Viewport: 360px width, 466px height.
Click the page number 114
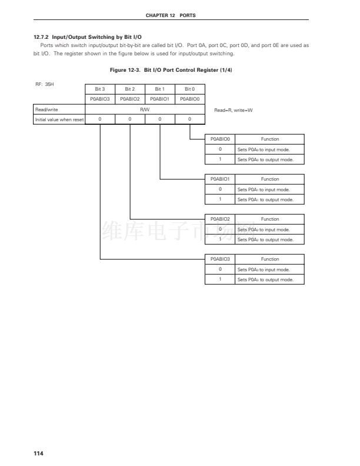39,453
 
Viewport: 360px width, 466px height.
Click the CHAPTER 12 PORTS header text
171,15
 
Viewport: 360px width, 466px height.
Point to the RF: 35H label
45,85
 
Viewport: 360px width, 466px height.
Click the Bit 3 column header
100,89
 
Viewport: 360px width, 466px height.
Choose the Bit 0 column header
189,89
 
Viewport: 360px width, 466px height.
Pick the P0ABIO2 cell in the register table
130,99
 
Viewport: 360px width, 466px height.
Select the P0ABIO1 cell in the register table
160,99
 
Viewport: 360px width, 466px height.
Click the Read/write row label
46,109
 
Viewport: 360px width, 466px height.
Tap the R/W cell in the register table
145,109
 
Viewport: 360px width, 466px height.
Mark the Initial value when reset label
59,119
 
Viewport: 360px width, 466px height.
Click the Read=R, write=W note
234,110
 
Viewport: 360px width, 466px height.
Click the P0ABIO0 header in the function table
220,139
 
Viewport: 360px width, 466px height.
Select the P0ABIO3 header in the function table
220,259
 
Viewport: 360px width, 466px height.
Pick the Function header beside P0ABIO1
270,179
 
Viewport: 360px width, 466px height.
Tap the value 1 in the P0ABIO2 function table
220,239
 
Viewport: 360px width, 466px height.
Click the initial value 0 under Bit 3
100,119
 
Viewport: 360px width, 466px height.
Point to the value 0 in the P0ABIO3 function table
220,269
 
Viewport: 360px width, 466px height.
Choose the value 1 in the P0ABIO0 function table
220,159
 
